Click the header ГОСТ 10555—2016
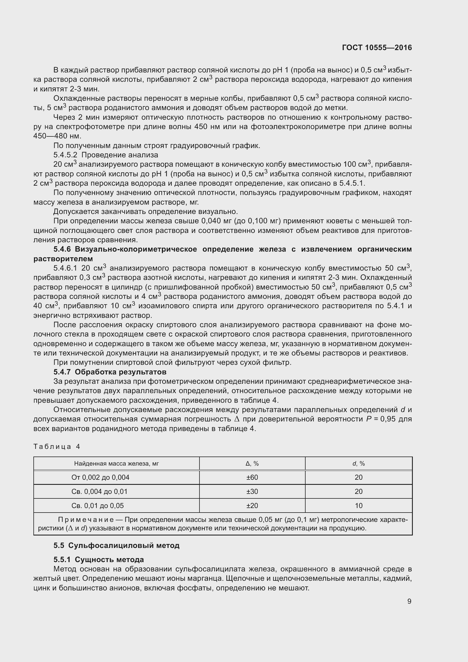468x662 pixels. (377, 48)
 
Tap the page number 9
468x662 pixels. (409, 601)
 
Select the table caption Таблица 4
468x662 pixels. (57, 447)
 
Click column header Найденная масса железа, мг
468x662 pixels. (116, 464)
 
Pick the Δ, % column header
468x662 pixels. (252, 464)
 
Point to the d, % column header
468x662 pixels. (358, 464)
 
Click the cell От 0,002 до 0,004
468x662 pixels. (100, 477)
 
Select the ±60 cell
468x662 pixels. (252, 477)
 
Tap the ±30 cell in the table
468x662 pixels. (252, 492)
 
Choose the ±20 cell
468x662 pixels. (252, 506)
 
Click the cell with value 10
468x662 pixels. (358, 506)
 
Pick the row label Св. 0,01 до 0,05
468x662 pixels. (97, 506)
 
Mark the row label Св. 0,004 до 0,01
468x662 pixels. (99, 492)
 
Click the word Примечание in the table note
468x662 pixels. (85, 520)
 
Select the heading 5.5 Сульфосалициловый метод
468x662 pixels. (116, 545)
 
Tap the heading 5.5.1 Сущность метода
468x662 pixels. (98, 560)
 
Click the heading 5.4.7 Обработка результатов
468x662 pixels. (110, 372)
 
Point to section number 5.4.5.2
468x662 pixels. (65, 155)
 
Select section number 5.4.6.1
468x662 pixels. (65, 268)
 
